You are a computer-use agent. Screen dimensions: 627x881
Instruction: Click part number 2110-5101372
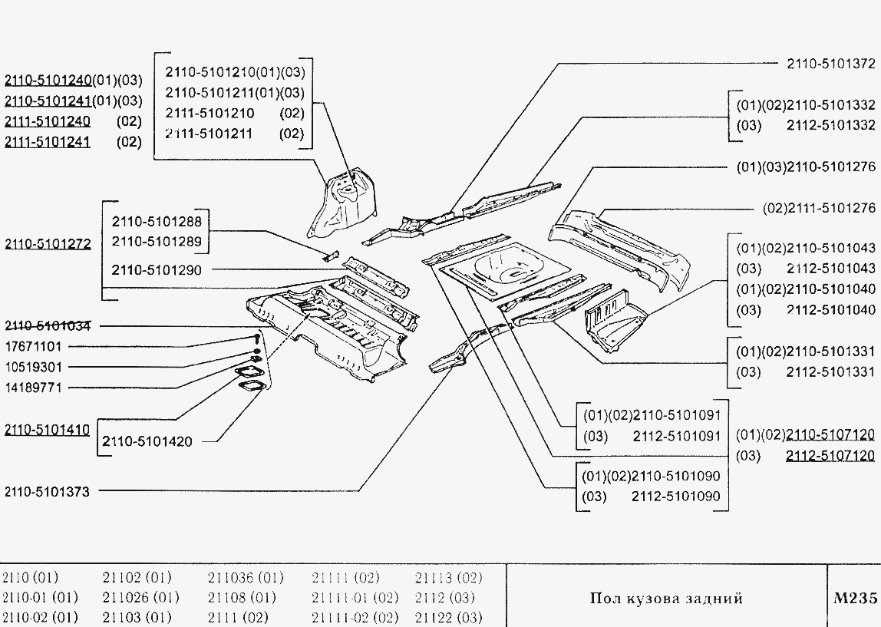pyautogui.click(x=831, y=64)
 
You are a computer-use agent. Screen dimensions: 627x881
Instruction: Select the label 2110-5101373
pyautogui.click(x=47, y=492)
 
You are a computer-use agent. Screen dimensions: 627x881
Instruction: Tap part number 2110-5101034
pyautogui.click(x=48, y=325)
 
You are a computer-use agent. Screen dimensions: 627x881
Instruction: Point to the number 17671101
pyautogui.click(x=33, y=346)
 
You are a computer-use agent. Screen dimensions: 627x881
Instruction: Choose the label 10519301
pyautogui.click(x=33, y=367)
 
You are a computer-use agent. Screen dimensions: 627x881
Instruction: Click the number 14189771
pyautogui.click(x=33, y=388)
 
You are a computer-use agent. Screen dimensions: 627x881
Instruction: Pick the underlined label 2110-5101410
pyautogui.click(x=47, y=430)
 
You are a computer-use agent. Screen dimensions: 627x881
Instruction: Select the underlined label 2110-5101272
pyautogui.click(x=48, y=244)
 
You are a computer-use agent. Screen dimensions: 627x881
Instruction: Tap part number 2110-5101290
pyautogui.click(x=157, y=269)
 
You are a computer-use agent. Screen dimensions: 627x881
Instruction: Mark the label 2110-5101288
pyautogui.click(x=157, y=222)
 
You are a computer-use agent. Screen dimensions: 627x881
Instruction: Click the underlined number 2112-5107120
pyautogui.click(x=830, y=456)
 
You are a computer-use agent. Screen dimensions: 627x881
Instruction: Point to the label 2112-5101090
pyautogui.click(x=675, y=497)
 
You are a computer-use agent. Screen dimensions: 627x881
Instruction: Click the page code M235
pyautogui.click(x=854, y=599)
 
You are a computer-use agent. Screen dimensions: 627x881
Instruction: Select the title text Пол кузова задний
pyautogui.click(x=666, y=599)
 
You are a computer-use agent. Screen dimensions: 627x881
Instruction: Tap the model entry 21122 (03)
pyautogui.click(x=448, y=617)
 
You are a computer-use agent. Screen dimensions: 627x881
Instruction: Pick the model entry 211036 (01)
pyautogui.click(x=246, y=577)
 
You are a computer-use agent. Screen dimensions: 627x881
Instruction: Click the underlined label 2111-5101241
pyautogui.click(x=48, y=141)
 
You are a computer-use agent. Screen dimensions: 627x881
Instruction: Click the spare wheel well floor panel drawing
pyautogui.click(x=506, y=268)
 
